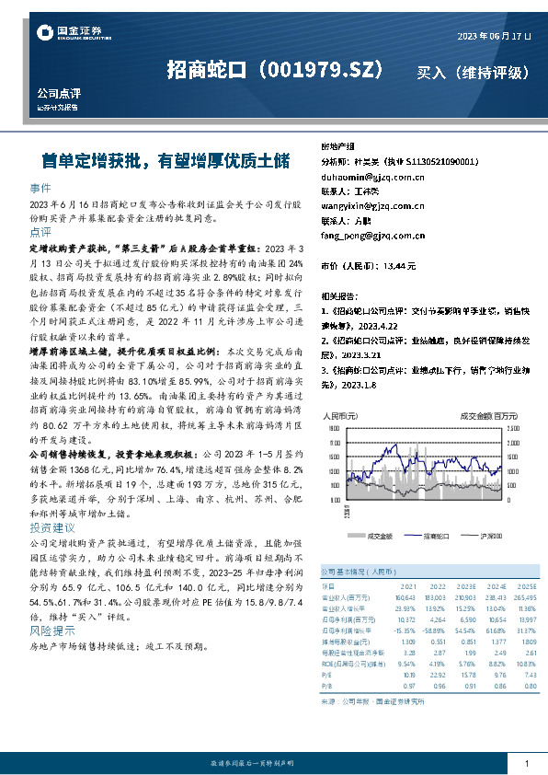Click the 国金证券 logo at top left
[x=70, y=32]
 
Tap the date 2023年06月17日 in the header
[x=494, y=36]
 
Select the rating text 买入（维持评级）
[x=473, y=71]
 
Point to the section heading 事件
[x=40, y=187]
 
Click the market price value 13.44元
[x=398, y=266]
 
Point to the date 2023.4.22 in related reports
[x=378, y=325]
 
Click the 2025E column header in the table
[x=524, y=585]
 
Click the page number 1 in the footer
[x=525, y=764]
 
